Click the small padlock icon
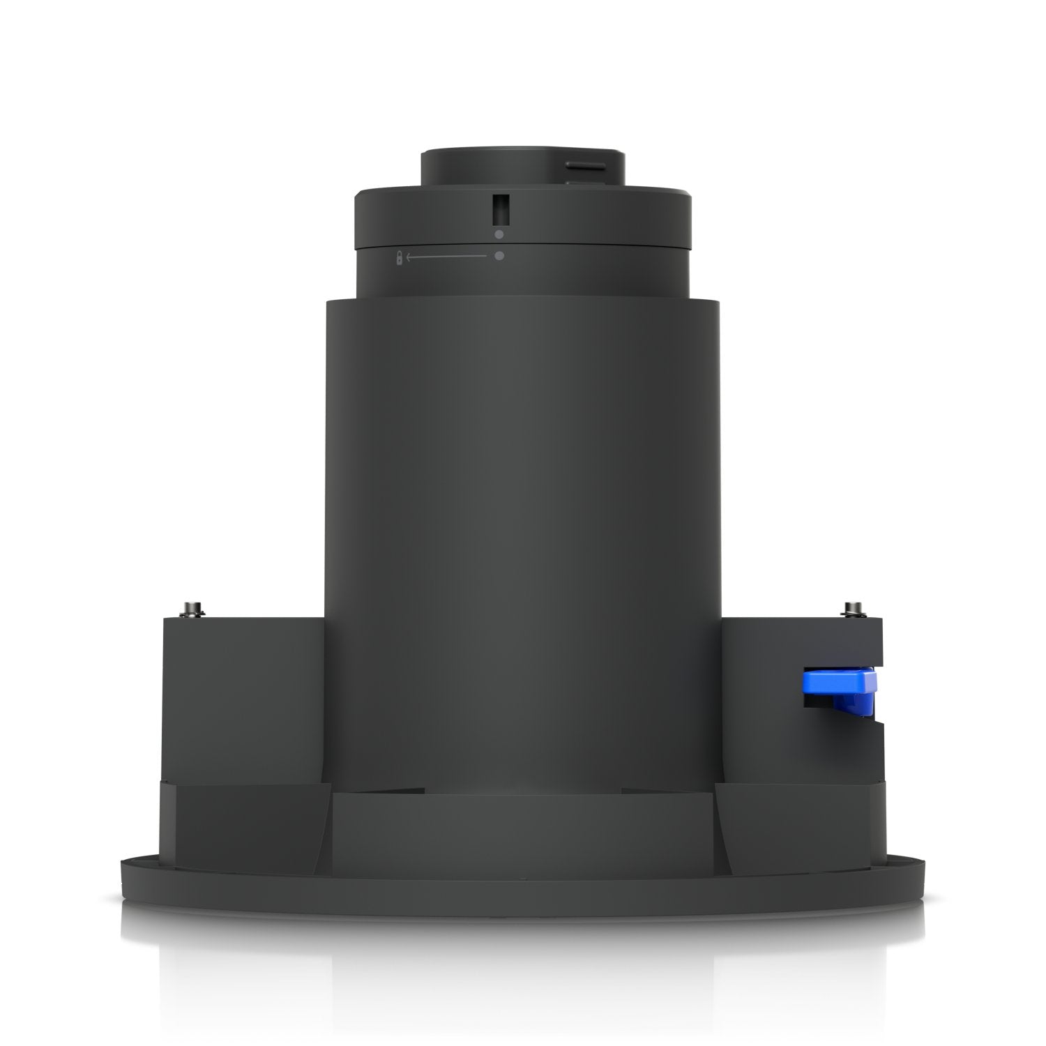(400, 257)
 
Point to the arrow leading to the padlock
(446, 257)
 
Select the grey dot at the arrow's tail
(499, 257)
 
